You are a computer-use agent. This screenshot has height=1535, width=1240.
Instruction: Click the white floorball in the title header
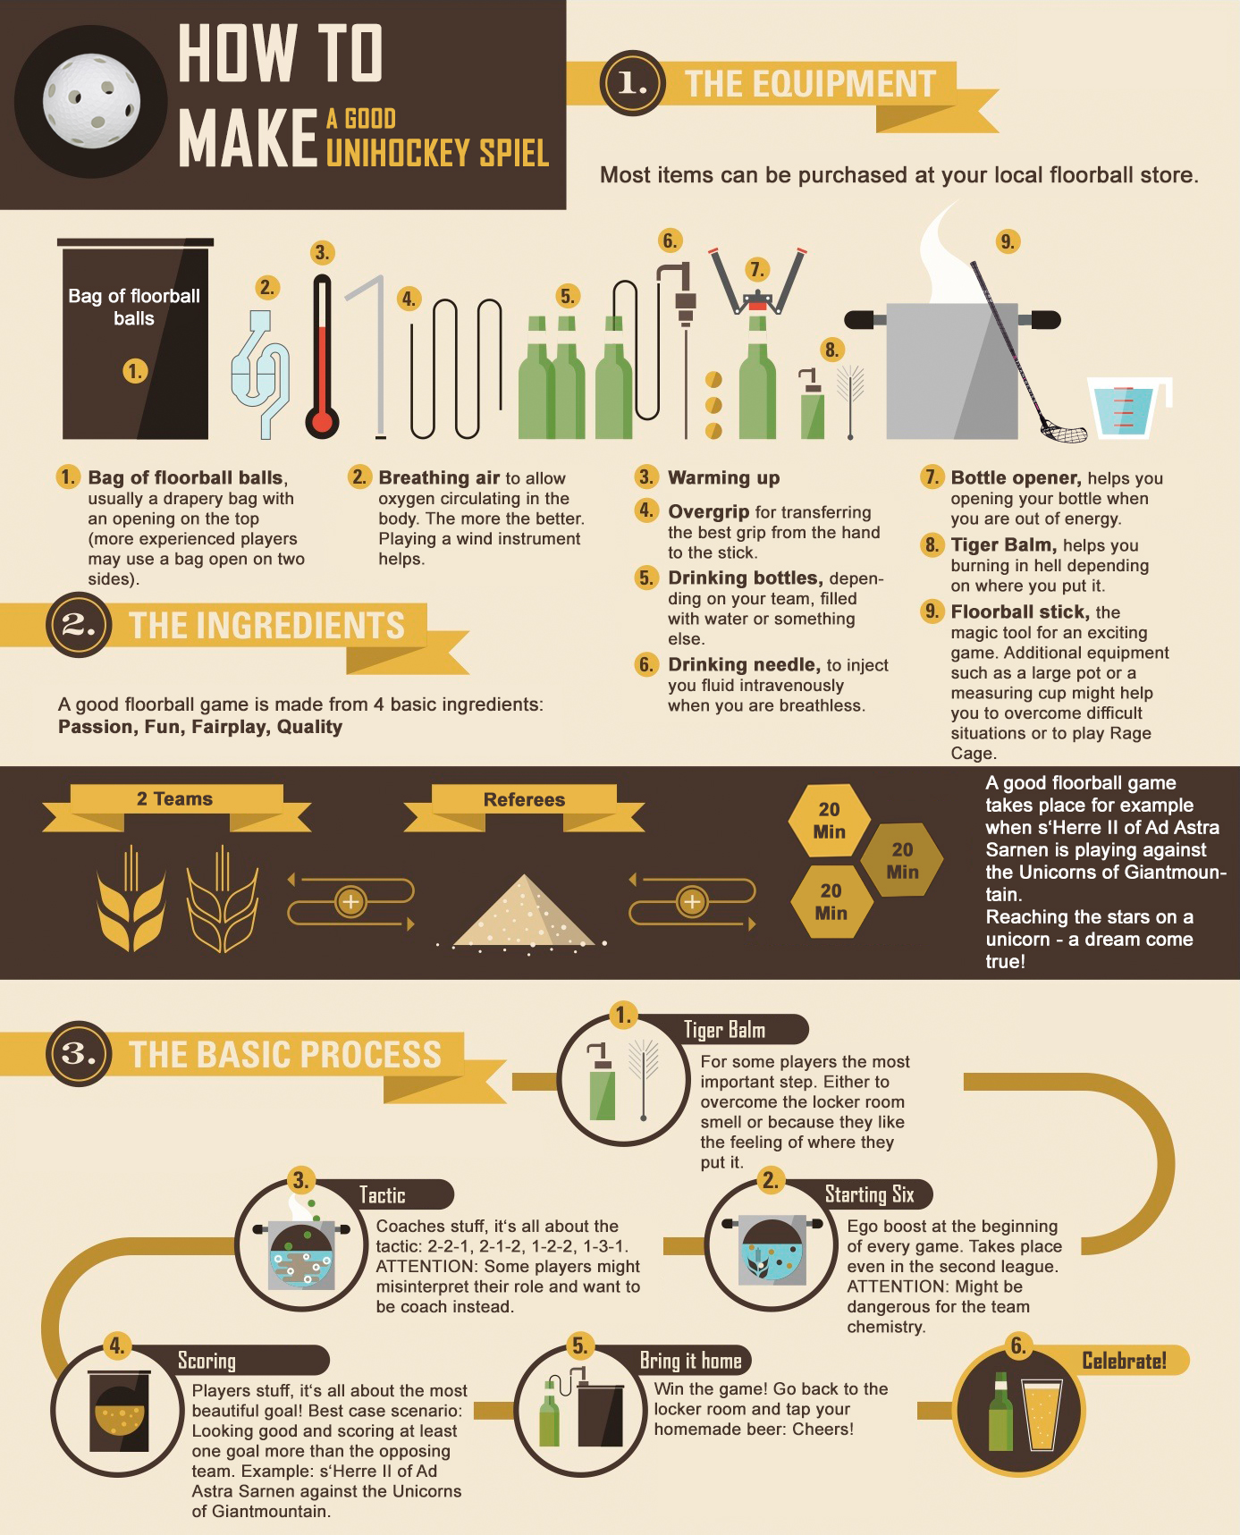point(91,101)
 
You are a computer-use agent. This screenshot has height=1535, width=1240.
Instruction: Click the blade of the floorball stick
point(1064,434)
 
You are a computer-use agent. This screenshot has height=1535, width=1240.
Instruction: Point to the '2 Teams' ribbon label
point(175,799)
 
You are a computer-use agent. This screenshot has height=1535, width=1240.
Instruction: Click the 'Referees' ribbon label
point(524,800)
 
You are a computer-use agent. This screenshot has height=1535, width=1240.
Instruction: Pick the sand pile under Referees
point(524,912)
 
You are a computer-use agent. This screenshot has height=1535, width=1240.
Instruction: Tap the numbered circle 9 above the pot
point(1008,241)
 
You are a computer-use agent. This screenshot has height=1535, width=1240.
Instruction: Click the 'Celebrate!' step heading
point(1124,1361)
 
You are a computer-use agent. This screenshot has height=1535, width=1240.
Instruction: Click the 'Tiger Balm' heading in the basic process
point(724,1030)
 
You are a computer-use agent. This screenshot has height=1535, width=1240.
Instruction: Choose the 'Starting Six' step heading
point(869,1194)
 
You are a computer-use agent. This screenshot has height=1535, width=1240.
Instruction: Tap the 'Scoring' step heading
point(207,1361)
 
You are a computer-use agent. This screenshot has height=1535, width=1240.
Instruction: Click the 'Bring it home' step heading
point(690,1361)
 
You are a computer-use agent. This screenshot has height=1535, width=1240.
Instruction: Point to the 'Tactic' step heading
point(382,1195)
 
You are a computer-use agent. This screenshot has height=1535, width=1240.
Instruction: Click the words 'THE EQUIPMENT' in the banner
point(810,84)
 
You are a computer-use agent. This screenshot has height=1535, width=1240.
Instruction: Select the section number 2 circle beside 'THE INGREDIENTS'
point(79,624)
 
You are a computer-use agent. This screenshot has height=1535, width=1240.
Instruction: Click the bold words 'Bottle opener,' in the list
point(1016,477)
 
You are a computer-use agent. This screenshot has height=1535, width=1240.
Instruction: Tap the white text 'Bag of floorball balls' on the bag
point(134,307)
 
